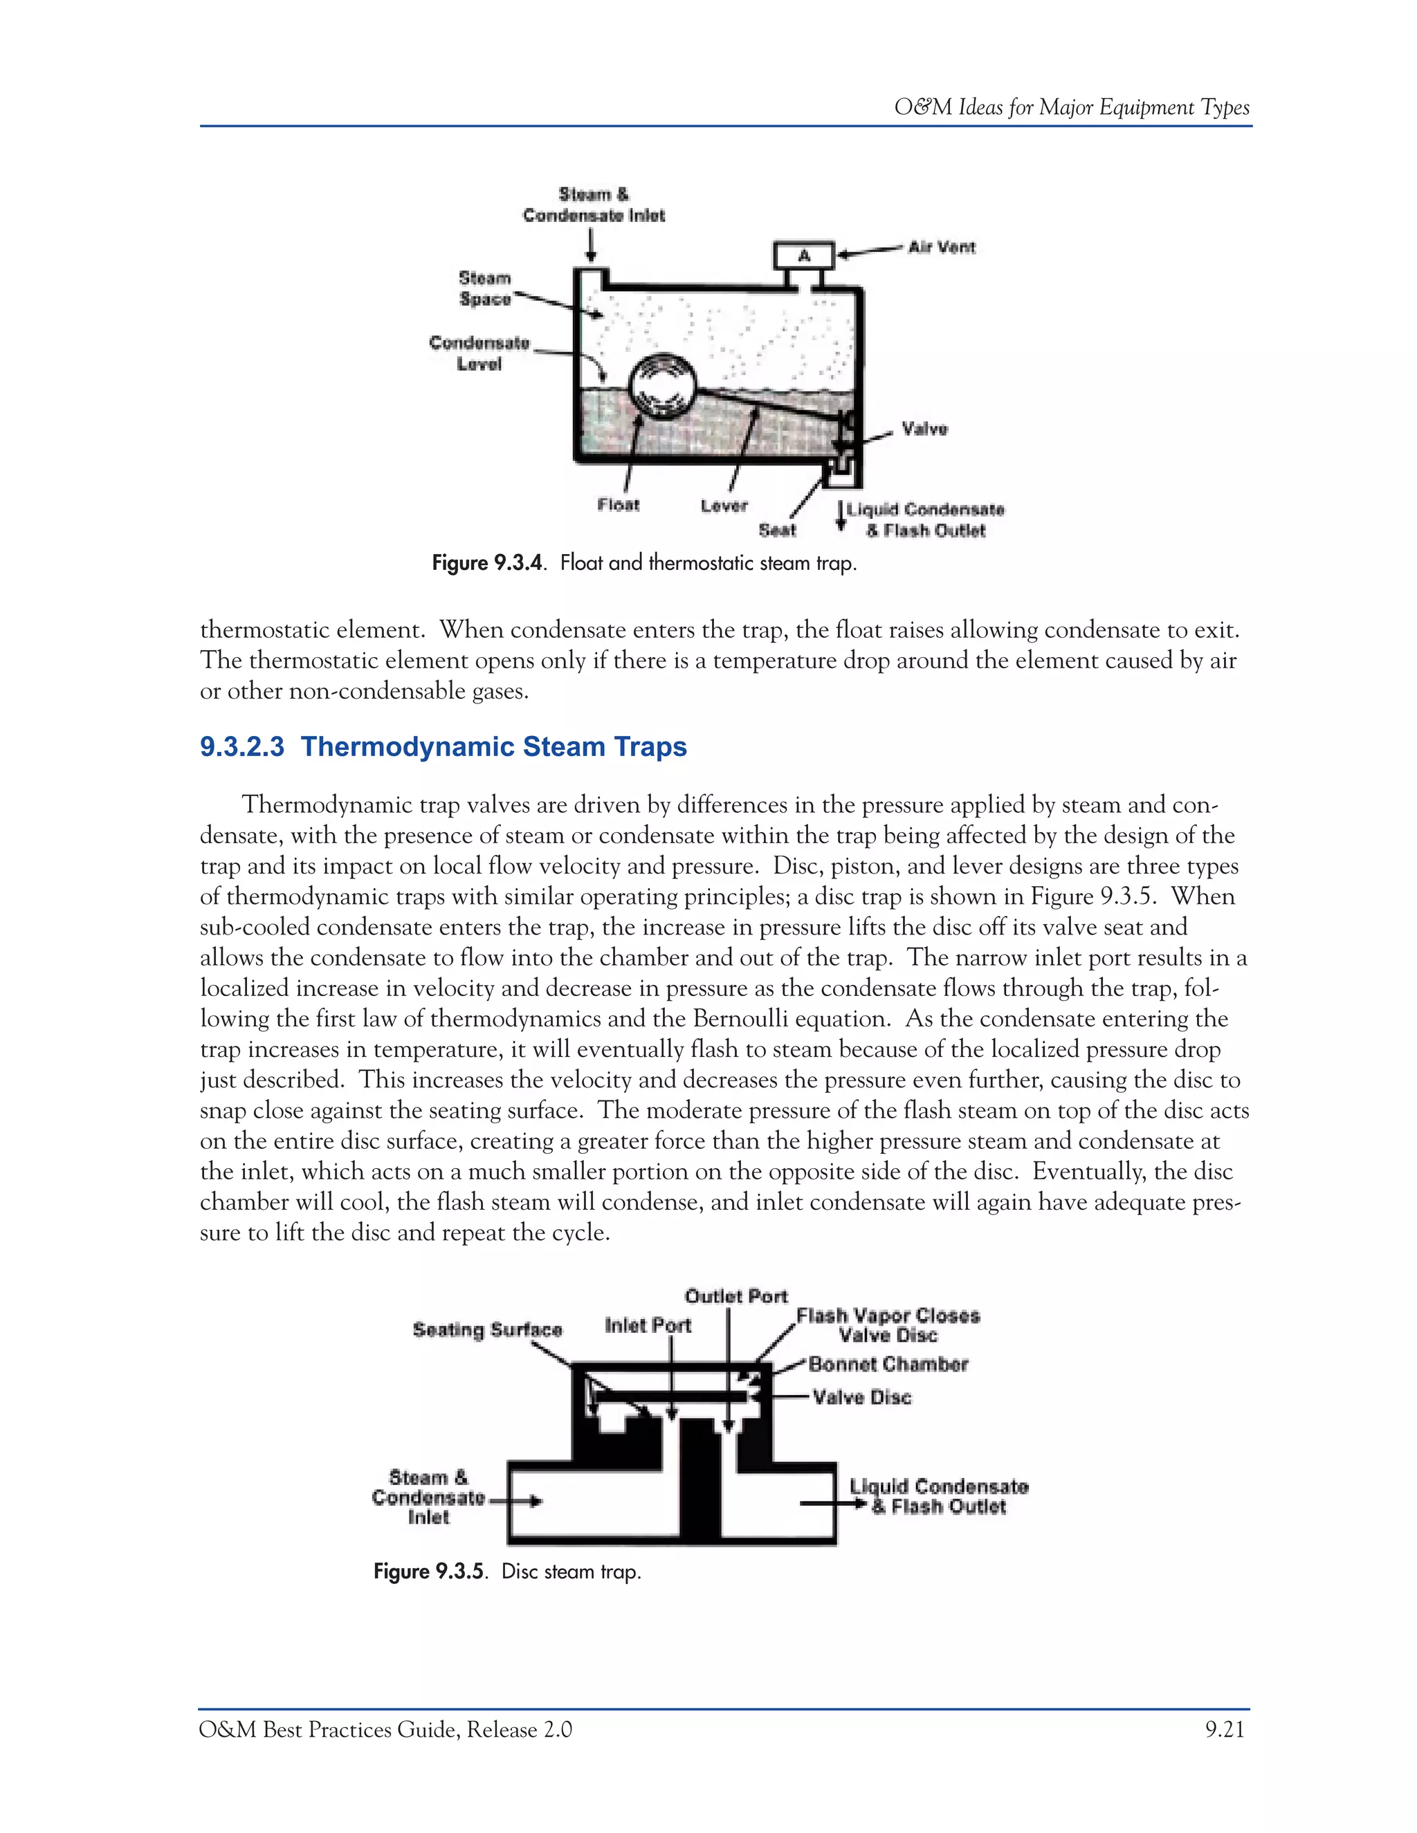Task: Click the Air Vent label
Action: tap(941, 247)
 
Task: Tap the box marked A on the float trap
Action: tap(803, 255)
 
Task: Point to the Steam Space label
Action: tap(484, 288)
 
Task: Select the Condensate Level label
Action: tap(479, 353)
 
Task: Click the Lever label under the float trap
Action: tap(724, 505)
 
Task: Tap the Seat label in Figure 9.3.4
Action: tap(776, 531)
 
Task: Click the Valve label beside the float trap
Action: tap(924, 429)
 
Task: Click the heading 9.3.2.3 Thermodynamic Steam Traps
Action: tap(444, 746)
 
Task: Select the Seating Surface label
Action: tap(487, 1329)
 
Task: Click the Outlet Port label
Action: tap(735, 1296)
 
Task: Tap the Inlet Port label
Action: tap(647, 1325)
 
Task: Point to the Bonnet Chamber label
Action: tap(888, 1364)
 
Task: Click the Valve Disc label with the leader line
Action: tap(861, 1397)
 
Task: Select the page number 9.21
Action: tap(1225, 1730)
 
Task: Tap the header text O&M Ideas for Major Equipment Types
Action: tap(1071, 107)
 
